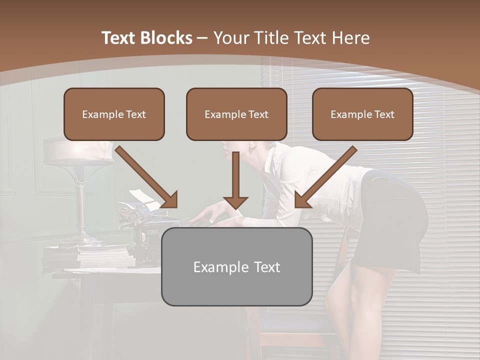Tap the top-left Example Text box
point(114,114)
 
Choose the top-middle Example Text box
point(236,114)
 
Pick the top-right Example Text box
point(362,114)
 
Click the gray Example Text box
point(236,266)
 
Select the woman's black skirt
point(395,220)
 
